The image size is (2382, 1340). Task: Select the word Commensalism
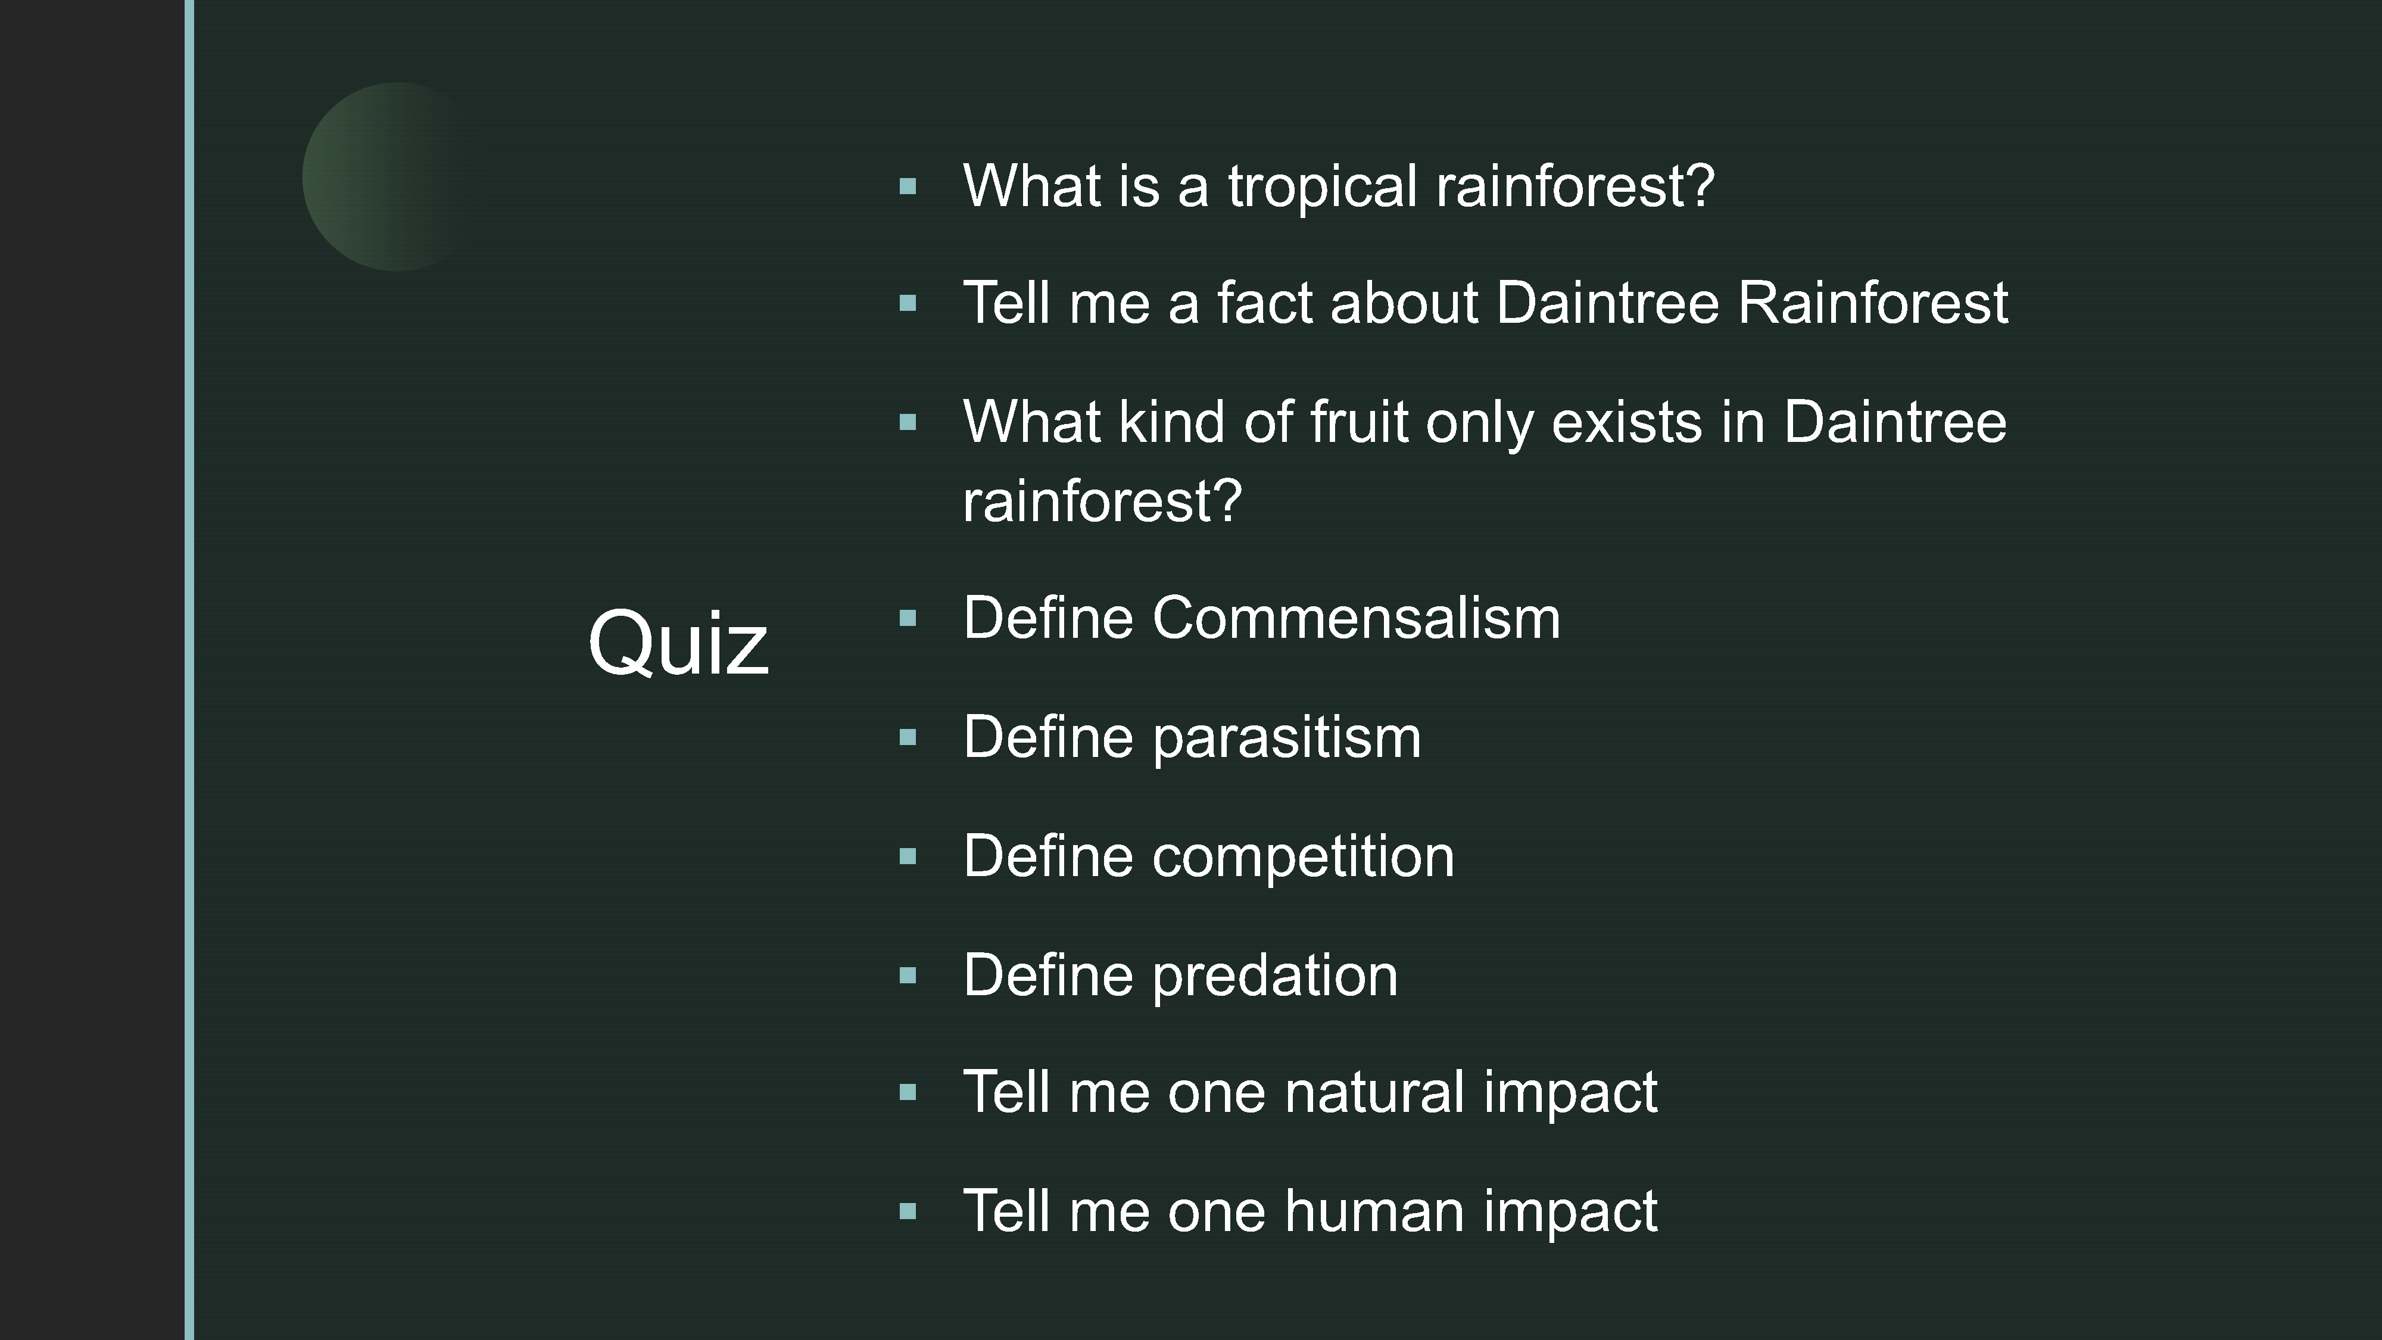click(1355, 618)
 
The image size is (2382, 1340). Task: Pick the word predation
click(1274, 976)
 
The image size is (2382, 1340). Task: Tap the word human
click(1374, 1211)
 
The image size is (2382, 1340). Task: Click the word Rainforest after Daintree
click(1872, 303)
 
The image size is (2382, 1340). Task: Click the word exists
click(1626, 422)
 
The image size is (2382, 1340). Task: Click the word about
click(1404, 303)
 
